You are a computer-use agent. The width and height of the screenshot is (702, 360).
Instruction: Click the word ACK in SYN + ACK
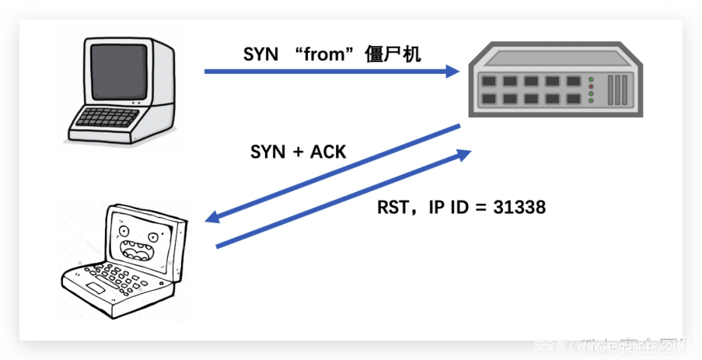328,152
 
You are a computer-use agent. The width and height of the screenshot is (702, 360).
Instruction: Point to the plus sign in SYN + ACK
295,152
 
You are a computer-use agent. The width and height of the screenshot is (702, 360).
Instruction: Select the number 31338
519,208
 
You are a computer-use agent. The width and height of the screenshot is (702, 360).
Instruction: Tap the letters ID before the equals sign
460,208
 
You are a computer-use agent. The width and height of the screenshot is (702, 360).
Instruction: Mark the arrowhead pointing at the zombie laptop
212,217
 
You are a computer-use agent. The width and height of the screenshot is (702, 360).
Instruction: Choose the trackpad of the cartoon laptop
95,288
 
